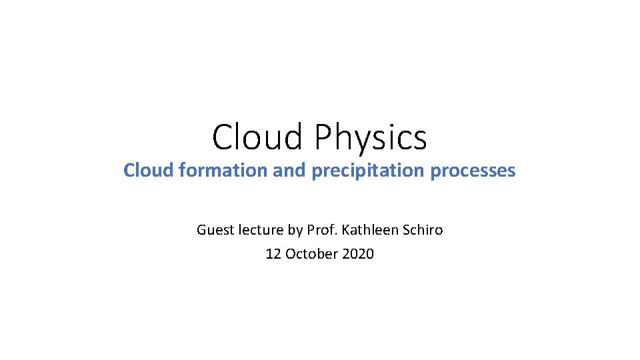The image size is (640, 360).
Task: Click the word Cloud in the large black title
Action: click(x=257, y=137)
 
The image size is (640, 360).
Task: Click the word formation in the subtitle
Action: click(x=213, y=171)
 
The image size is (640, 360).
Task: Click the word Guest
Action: click(x=211, y=230)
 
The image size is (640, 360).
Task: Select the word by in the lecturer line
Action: click(x=295, y=230)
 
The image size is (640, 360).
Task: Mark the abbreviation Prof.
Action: click(x=321, y=230)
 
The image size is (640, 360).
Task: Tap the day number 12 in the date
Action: click(x=273, y=254)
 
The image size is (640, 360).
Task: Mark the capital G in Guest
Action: click(x=201, y=230)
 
